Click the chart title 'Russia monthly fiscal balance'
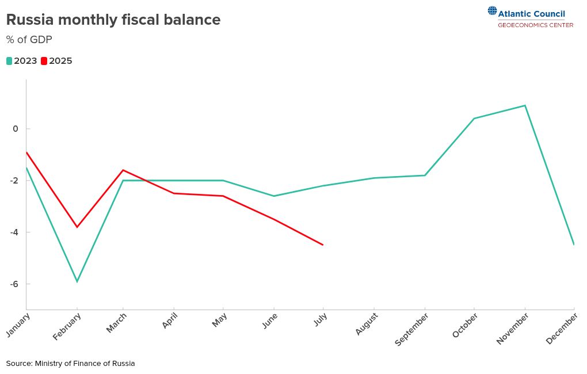click(113, 20)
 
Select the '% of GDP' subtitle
click(29, 40)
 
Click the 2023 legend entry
click(22, 61)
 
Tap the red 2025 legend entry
click(57, 61)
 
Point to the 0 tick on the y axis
click(16, 129)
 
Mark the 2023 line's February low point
click(77, 281)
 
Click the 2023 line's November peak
click(525, 105)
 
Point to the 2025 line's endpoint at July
click(323, 245)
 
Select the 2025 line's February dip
click(77, 227)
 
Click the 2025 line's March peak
click(123, 170)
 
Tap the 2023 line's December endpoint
click(573, 245)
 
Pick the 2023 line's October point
click(474, 119)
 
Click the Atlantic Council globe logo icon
click(492, 10)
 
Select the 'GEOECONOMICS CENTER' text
click(535, 25)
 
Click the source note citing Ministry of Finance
click(71, 364)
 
